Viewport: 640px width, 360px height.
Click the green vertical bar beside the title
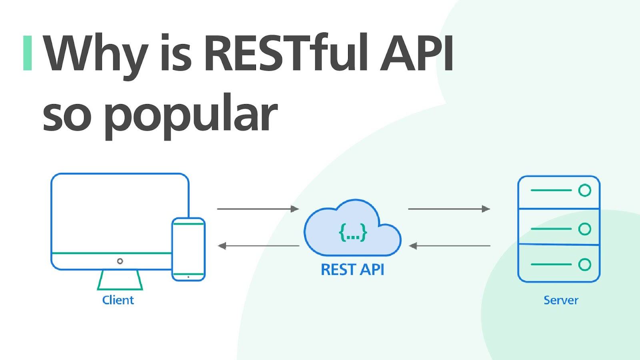[x=27, y=53]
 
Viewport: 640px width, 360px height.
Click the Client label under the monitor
[x=118, y=300]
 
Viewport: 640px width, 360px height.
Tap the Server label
[x=561, y=300]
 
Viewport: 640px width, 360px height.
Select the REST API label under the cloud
[x=352, y=270]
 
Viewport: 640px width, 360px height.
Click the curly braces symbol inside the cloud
[x=353, y=232]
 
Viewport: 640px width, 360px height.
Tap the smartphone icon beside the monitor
[x=188, y=249]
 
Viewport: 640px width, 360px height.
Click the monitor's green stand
[x=120, y=280]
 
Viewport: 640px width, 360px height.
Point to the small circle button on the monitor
[x=120, y=261]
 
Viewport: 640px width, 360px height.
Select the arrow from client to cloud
[x=258, y=209]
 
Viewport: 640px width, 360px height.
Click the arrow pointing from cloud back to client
[x=258, y=246]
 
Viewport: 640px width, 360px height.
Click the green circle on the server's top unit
[x=584, y=190]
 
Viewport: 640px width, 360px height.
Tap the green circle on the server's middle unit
[x=584, y=229]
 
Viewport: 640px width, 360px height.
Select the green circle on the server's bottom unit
[x=584, y=264]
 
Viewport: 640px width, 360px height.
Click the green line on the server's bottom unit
[x=551, y=264]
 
